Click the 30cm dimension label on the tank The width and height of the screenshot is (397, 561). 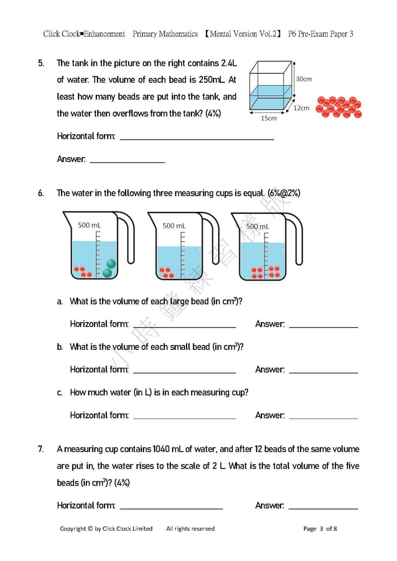click(x=304, y=79)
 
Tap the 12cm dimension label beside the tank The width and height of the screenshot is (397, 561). click(x=301, y=108)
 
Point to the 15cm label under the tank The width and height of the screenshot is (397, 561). click(x=268, y=118)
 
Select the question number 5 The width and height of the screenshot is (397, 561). click(x=41, y=63)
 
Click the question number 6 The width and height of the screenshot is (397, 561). click(x=41, y=193)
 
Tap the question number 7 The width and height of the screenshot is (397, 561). click(x=41, y=449)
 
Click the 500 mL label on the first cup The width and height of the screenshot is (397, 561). click(x=89, y=225)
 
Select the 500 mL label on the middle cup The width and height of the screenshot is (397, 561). click(x=175, y=225)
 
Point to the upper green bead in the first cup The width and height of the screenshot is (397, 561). click(x=111, y=264)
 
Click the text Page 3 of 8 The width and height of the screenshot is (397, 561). click(x=320, y=529)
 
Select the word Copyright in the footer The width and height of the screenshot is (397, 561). click(x=73, y=529)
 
